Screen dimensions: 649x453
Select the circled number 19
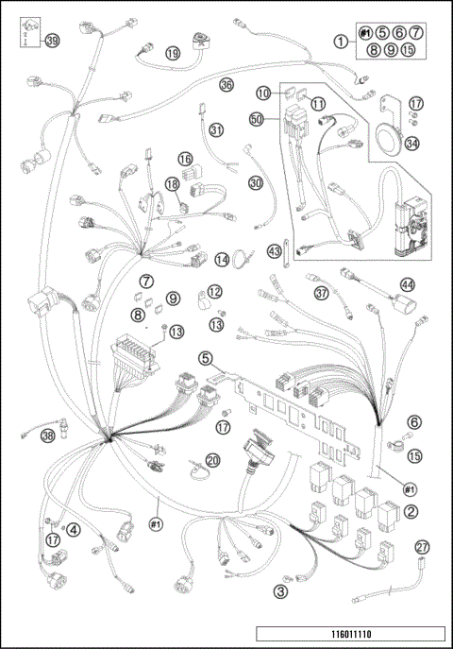pyautogui.click(x=173, y=54)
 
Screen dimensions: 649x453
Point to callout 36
pyautogui.click(x=226, y=84)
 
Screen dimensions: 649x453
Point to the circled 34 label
pyautogui.click(x=411, y=145)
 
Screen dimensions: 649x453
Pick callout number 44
pyautogui.click(x=407, y=283)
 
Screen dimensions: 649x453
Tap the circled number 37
pyautogui.click(x=323, y=293)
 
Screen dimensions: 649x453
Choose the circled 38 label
pyautogui.click(x=47, y=436)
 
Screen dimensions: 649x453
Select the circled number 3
pyautogui.click(x=279, y=591)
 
